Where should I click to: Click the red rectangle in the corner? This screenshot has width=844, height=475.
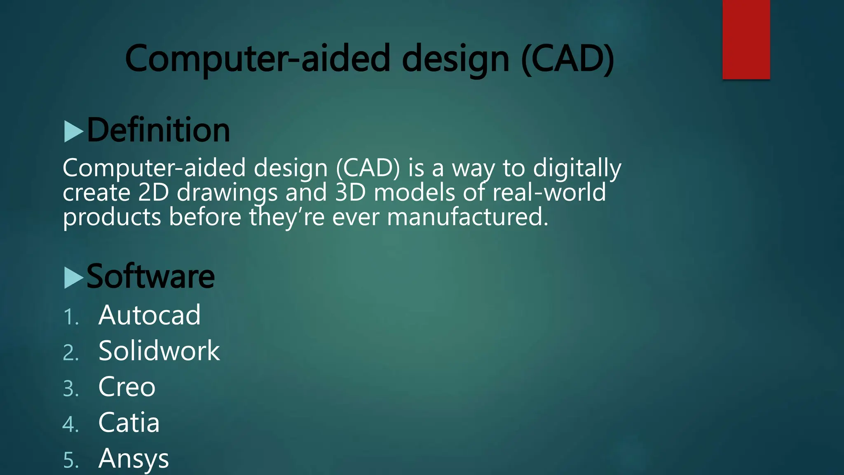746,40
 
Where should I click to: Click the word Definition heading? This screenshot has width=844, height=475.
158,130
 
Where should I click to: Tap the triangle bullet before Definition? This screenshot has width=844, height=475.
74,132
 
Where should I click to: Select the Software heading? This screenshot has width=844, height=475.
150,277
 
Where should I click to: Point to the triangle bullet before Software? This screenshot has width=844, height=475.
74,277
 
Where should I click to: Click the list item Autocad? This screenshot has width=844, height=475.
149,315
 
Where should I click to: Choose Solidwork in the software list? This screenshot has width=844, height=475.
159,351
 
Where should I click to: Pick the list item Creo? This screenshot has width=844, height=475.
127,387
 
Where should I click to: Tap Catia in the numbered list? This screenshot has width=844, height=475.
129,423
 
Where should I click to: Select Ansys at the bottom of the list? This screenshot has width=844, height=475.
134,459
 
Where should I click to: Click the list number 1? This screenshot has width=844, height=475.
70,317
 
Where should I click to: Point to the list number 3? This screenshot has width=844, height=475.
70,389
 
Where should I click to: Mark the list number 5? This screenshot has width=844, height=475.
70,461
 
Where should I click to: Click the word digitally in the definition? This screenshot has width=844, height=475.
577,168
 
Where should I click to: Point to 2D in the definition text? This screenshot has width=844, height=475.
153,193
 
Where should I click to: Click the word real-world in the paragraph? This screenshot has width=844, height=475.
549,193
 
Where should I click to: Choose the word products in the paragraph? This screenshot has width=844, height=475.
112,218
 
